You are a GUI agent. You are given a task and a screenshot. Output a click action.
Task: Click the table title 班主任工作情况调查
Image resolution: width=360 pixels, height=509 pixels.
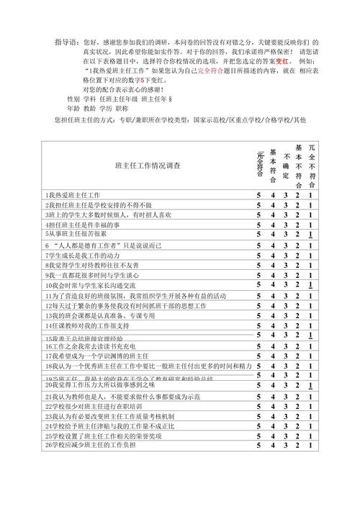pyautogui.click(x=147, y=166)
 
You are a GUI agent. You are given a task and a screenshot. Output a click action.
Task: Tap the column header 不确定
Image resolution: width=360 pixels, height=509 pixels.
pyautogui.click(x=286, y=165)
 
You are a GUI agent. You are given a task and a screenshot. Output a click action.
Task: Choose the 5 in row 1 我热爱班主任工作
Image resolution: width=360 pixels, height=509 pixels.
pyautogui.click(x=258, y=194)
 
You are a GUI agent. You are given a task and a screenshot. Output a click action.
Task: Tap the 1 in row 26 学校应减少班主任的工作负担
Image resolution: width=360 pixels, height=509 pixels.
pyautogui.click(x=310, y=446)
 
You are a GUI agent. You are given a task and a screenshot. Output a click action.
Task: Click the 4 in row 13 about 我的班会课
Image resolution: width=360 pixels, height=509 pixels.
pyautogui.click(x=272, y=315)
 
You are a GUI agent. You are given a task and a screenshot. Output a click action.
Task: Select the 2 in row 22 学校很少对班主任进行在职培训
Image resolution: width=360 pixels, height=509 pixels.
pyautogui.click(x=298, y=406)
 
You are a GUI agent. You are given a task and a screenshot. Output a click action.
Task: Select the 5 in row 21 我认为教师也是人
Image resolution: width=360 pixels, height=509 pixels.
pyautogui.click(x=258, y=396)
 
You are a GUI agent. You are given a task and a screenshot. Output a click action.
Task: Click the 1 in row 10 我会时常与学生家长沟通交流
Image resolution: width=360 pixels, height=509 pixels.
pyautogui.click(x=310, y=286)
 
